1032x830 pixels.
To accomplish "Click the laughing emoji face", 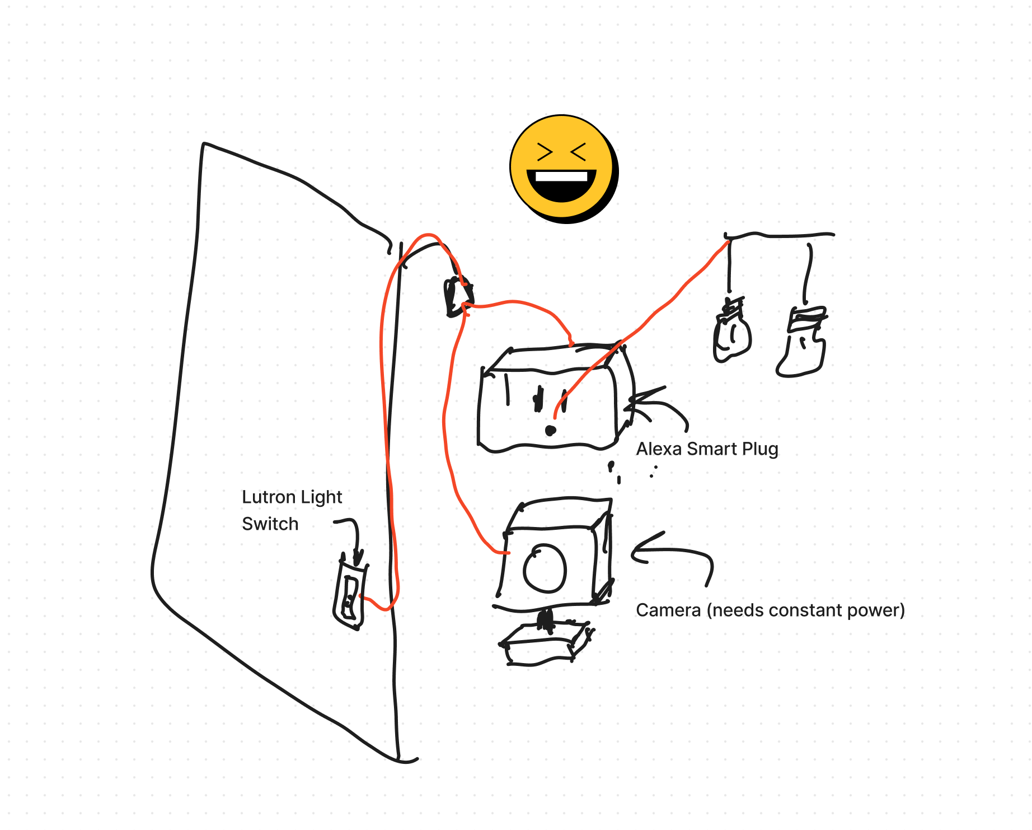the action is [564, 169].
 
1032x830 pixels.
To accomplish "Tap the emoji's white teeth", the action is [561, 177].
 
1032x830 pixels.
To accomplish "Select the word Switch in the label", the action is [270, 524].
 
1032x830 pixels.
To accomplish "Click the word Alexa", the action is [659, 449].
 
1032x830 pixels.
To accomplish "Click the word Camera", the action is [668, 610].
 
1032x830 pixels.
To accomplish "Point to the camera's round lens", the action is [545, 568].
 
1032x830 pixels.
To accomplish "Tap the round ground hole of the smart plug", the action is [551, 430].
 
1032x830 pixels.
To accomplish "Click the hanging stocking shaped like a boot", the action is [802, 341].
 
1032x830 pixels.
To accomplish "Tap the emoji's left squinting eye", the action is [545, 152].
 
